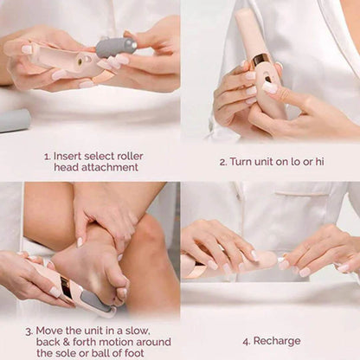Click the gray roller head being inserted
(115, 47)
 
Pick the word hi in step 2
(331, 161)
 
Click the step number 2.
(222, 161)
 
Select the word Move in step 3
(54, 330)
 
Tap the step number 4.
(246, 341)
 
